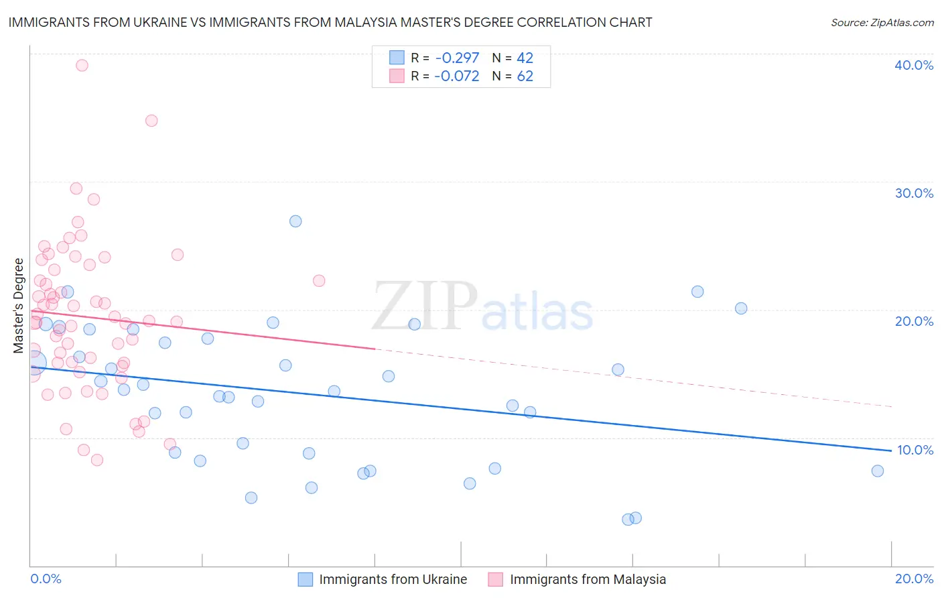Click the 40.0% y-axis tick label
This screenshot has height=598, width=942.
[914, 65]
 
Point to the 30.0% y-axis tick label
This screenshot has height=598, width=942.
[914, 193]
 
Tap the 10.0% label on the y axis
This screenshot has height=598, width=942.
[914, 450]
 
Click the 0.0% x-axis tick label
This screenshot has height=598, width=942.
[46, 579]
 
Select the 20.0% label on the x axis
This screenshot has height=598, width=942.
[914, 579]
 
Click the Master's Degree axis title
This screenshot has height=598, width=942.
[18, 305]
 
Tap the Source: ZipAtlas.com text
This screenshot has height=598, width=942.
[882, 22]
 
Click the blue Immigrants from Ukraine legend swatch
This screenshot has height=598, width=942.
[306, 579]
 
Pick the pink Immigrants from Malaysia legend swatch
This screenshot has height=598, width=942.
[496, 579]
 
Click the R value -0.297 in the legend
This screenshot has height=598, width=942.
[456, 58]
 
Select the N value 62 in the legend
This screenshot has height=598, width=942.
[525, 76]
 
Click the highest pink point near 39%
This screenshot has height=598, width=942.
[82, 65]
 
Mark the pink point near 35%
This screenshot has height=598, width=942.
[151, 121]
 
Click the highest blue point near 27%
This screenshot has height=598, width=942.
[295, 221]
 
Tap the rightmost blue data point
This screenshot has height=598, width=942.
[878, 471]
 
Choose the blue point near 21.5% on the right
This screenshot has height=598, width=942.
[697, 292]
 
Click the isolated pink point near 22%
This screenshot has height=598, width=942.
[319, 281]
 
